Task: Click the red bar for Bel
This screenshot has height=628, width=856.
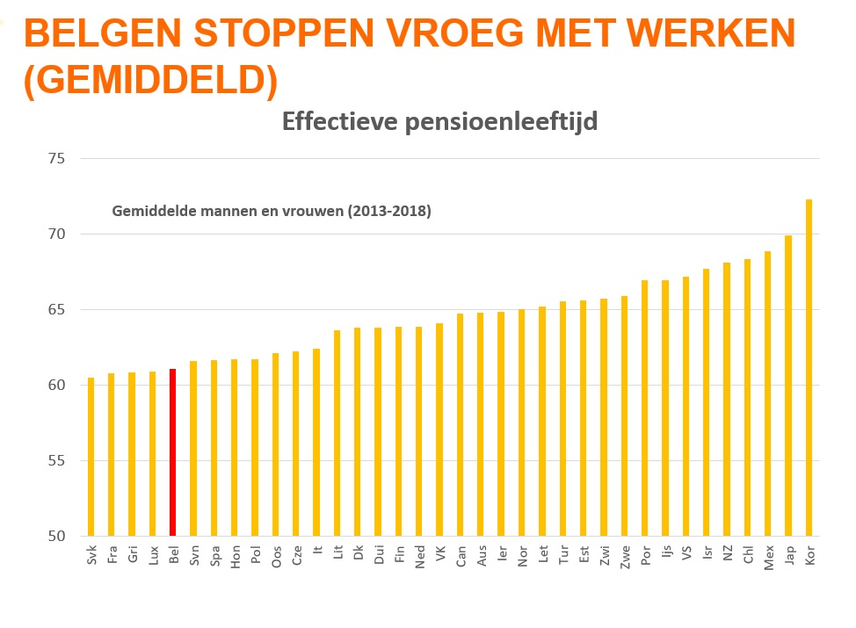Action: tap(173, 452)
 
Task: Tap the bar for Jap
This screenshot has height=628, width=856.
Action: tap(788, 386)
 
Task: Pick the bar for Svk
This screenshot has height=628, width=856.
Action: tap(91, 457)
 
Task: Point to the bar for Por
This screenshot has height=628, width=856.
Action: tap(645, 408)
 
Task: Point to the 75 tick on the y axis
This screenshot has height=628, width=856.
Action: tap(57, 159)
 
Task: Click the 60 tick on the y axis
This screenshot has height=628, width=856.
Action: tap(57, 386)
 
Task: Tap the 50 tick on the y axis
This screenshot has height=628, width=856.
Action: tap(57, 536)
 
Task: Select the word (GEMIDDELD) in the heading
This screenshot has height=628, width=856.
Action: tap(150, 80)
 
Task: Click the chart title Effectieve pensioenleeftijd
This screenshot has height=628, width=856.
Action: tap(439, 121)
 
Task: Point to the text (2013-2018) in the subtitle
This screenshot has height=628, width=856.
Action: tap(392, 211)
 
